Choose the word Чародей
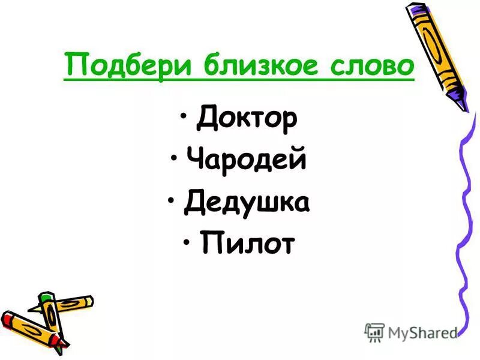[246, 160]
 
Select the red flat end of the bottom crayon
[7, 316]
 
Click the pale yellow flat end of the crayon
[89, 299]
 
